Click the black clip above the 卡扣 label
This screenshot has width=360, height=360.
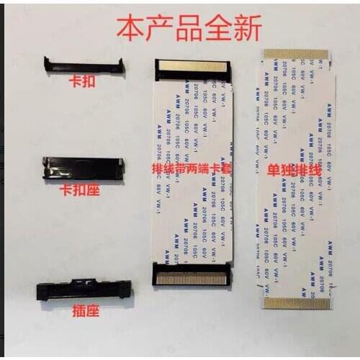point(84,65)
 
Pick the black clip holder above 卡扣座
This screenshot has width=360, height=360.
point(83,168)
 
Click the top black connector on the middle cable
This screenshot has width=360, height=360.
point(192,71)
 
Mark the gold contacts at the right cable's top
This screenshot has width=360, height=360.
point(295,55)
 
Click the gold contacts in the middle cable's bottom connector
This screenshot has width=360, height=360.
point(192,277)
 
